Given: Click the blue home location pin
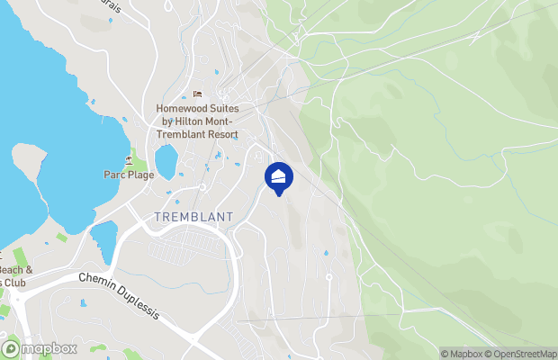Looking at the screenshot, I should tap(279, 176).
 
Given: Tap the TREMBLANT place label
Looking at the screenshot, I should tap(193, 217).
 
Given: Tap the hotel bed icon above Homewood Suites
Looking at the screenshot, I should tap(197, 94).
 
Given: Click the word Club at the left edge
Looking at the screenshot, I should tap(16, 283).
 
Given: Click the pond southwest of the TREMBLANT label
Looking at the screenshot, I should tap(103, 238).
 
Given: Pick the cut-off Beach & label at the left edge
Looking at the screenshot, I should tap(16, 269).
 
